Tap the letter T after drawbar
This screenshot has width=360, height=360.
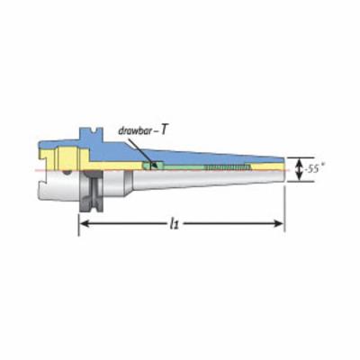(x=163, y=130)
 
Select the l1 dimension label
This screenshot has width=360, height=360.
(x=174, y=223)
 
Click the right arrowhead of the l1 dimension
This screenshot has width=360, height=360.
(x=278, y=223)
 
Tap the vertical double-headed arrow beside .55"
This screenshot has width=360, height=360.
(x=300, y=169)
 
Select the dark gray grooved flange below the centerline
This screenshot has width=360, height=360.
(x=92, y=192)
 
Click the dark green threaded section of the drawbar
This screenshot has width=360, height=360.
(x=228, y=167)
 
